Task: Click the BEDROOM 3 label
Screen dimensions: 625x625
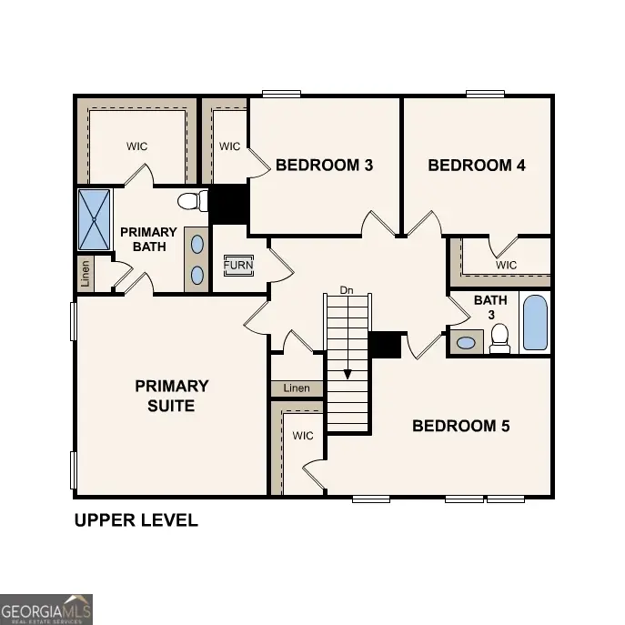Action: (325, 165)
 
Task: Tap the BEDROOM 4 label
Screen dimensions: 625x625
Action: (477, 165)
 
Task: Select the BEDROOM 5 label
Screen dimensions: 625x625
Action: (461, 425)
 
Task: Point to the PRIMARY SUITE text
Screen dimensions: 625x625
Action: (171, 396)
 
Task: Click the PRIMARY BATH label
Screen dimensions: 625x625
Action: (148, 239)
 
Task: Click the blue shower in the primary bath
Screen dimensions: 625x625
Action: (94, 219)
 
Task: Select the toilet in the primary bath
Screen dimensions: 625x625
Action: (190, 200)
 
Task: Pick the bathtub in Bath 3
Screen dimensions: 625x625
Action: (536, 323)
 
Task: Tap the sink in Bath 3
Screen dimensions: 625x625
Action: (467, 343)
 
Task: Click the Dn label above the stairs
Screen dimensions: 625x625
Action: (346, 289)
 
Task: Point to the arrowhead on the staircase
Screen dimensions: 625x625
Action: (347, 374)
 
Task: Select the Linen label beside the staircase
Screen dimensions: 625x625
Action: (297, 388)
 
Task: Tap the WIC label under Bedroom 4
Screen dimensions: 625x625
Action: (507, 265)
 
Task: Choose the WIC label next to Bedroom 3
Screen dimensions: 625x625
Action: (229, 146)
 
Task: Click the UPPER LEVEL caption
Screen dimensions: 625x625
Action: (136, 521)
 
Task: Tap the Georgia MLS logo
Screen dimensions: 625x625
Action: (45, 610)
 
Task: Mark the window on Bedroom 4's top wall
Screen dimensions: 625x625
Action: (485, 93)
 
